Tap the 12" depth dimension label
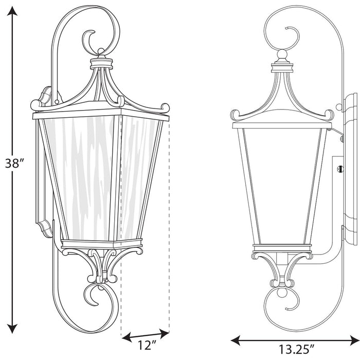pyautogui.click(x=146, y=344)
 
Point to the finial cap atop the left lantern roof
pyautogui.click(x=102, y=62)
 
